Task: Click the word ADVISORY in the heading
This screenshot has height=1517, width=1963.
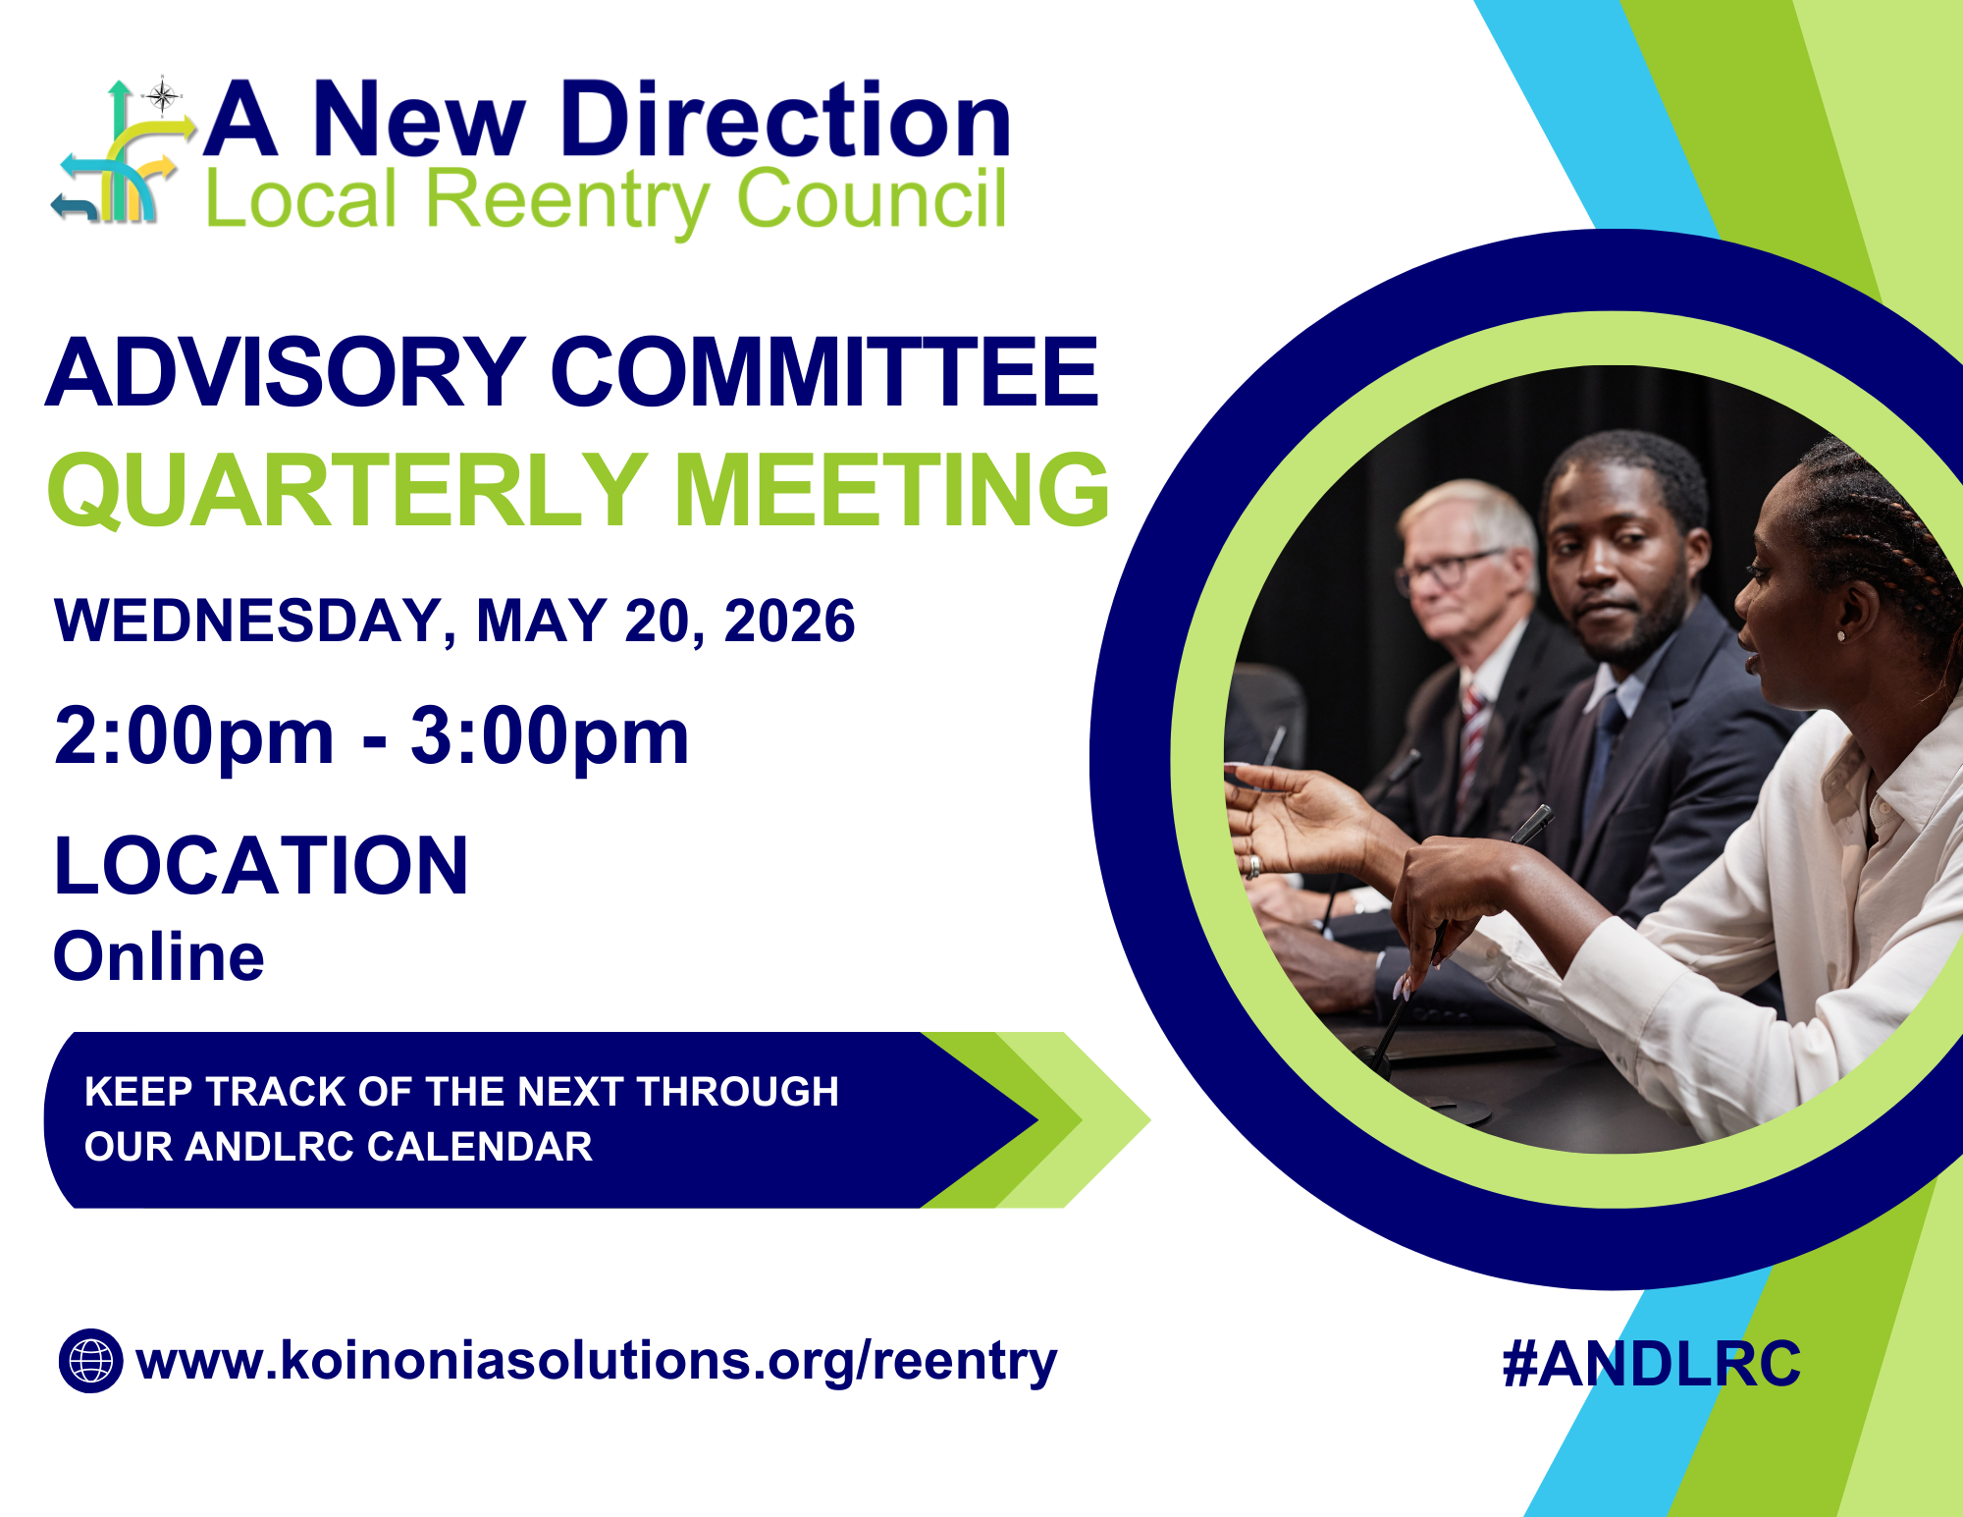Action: click(285, 372)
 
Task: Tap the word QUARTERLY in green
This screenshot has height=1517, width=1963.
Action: click(347, 490)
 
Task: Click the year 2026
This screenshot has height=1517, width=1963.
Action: click(789, 622)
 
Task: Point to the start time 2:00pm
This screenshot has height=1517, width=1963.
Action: click(193, 736)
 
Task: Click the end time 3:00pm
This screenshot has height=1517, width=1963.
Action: click(550, 736)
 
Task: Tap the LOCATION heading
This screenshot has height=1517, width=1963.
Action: click(261, 866)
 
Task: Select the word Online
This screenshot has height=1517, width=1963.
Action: click(159, 956)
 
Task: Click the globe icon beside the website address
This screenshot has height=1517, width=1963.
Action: click(91, 1361)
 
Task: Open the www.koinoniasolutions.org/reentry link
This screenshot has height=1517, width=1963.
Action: click(596, 1361)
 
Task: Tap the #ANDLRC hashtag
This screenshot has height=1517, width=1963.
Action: click(1651, 1364)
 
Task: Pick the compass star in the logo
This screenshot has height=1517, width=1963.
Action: click(162, 96)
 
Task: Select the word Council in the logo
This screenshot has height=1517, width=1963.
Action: click(871, 198)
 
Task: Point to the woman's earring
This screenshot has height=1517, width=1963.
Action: click(1840, 636)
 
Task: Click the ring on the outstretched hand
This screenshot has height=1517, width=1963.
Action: click(1253, 866)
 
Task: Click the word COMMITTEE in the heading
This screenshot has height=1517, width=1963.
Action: click(824, 372)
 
